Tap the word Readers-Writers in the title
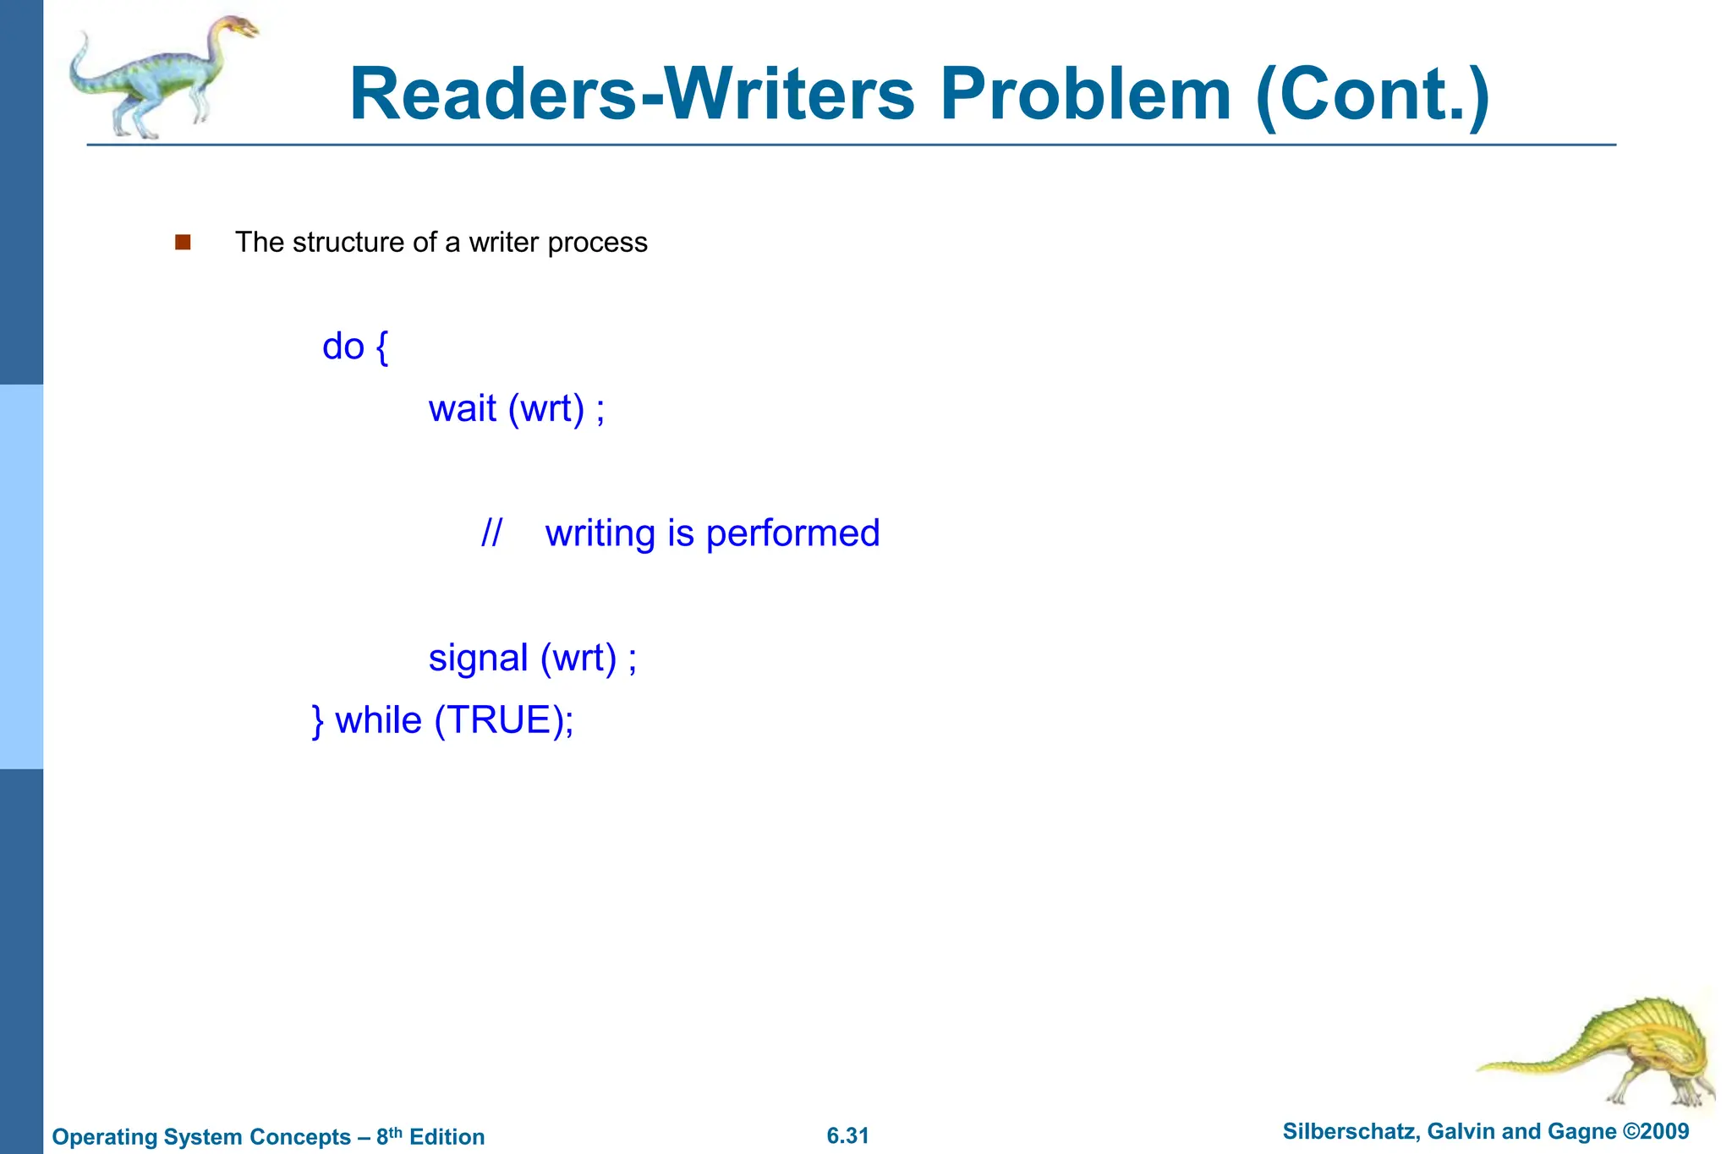[632, 95]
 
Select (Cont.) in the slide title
[1373, 96]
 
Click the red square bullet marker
[183, 243]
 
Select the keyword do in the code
[343, 347]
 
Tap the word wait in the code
[462, 409]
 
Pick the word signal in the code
[478, 659]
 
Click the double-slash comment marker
[491, 533]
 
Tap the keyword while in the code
[378, 721]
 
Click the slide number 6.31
[847, 1135]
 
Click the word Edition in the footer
[447, 1137]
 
